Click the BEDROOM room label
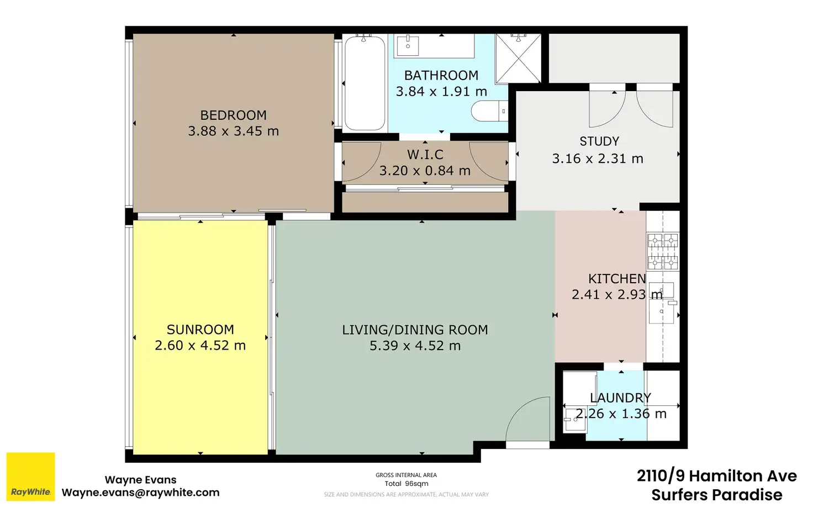click(x=234, y=115)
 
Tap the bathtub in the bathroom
click(x=365, y=83)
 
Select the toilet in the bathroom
click(x=489, y=110)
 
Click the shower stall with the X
click(x=518, y=58)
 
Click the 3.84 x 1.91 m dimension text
click(x=441, y=92)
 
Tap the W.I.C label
click(x=425, y=155)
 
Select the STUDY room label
click(x=599, y=141)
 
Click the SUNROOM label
click(x=200, y=330)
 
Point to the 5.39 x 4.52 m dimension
click(x=415, y=346)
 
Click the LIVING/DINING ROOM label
click(x=415, y=330)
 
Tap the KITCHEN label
click(x=617, y=279)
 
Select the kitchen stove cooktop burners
click(x=663, y=252)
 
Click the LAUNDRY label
click(x=620, y=398)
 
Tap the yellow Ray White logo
click(x=31, y=477)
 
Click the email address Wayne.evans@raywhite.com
click(x=140, y=493)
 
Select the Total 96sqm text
click(x=406, y=484)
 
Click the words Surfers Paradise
click(x=717, y=495)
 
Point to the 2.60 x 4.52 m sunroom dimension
click(x=200, y=346)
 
